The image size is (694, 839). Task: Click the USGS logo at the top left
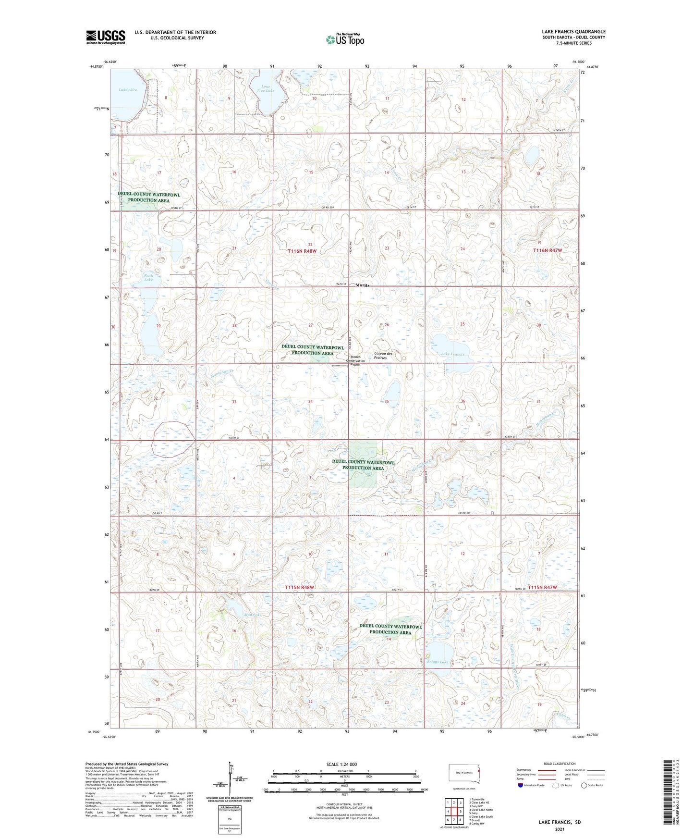click(x=105, y=37)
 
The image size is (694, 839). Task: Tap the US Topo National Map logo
click(x=345, y=39)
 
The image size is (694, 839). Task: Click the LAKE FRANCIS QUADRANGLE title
click(x=573, y=32)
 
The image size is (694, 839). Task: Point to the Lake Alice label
click(x=128, y=90)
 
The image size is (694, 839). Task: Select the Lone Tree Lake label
click(x=265, y=88)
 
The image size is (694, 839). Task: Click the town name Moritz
click(x=363, y=285)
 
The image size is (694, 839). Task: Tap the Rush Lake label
click(x=148, y=278)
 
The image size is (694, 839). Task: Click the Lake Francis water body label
click(x=452, y=354)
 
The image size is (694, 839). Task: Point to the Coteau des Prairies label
click(x=383, y=356)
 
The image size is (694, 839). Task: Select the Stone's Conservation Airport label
click(x=357, y=360)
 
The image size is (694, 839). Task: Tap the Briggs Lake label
click(x=437, y=662)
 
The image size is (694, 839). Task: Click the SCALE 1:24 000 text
click(x=341, y=764)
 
